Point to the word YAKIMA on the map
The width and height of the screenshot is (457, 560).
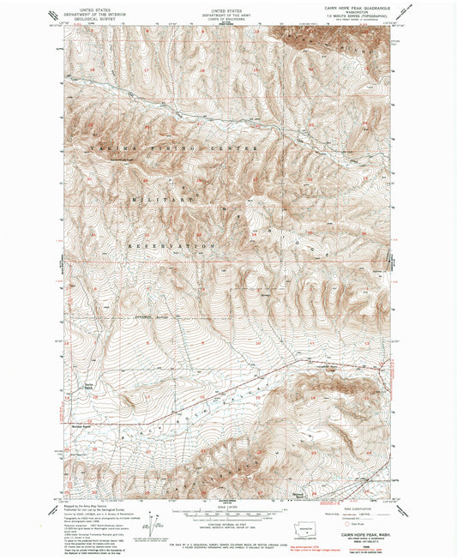pyautogui.click(x=104, y=149)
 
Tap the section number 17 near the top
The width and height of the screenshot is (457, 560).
pyautogui.click(x=146, y=69)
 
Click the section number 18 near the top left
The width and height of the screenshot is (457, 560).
pyautogui.click(x=91, y=67)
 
